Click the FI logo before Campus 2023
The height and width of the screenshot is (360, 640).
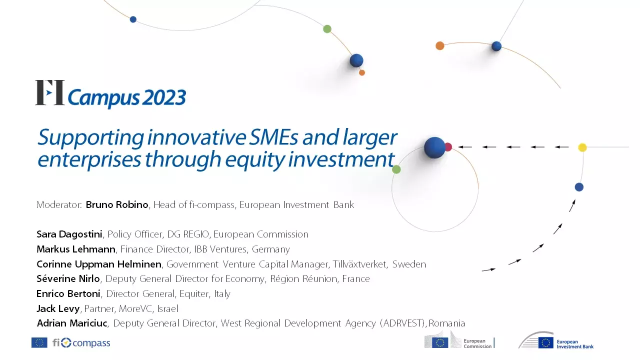49,93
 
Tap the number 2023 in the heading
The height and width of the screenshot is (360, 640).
162,98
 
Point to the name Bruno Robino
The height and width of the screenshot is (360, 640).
117,204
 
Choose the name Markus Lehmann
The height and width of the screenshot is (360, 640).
76,249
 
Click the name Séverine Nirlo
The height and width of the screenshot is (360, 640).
68,278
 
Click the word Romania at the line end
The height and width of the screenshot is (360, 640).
447,323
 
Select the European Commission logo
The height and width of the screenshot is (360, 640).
459,340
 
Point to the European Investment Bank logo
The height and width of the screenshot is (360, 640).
556,341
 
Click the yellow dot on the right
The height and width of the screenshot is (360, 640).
582,147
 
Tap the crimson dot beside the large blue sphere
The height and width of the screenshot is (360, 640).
448,147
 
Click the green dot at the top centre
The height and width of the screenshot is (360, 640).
327,29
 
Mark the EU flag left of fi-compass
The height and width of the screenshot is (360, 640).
39,342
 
